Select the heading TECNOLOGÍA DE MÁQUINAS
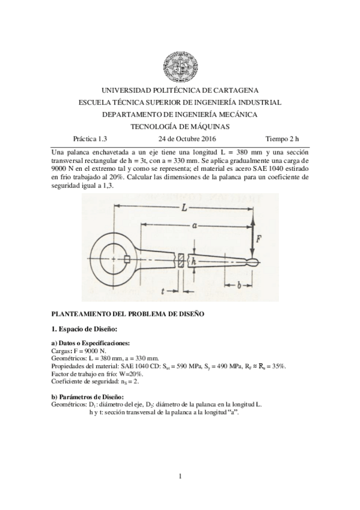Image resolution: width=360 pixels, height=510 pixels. [x=180, y=126]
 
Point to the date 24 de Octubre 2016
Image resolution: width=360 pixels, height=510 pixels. [x=180, y=138]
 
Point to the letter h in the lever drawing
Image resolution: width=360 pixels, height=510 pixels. [x=194, y=262]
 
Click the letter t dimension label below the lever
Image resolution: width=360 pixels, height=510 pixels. [x=163, y=290]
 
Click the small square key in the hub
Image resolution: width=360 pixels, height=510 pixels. [x=127, y=259]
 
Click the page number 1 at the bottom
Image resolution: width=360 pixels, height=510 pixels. [x=180, y=478]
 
